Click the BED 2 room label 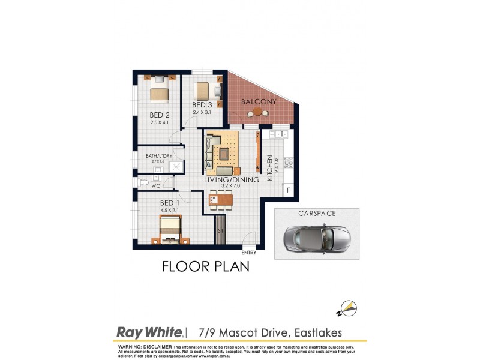click(160, 115)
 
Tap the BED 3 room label click(203, 105)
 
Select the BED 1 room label click(170, 203)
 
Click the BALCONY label click(259, 102)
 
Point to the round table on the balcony click(258, 112)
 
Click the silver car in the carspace click(316, 238)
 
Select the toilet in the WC click(144, 182)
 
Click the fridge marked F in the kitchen click(288, 190)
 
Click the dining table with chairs click(220, 200)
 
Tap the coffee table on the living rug click(224, 154)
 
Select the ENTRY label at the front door click(248, 253)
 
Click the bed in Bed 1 click(170, 230)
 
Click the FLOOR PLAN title click(205, 267)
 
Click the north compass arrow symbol click(347, 309)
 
